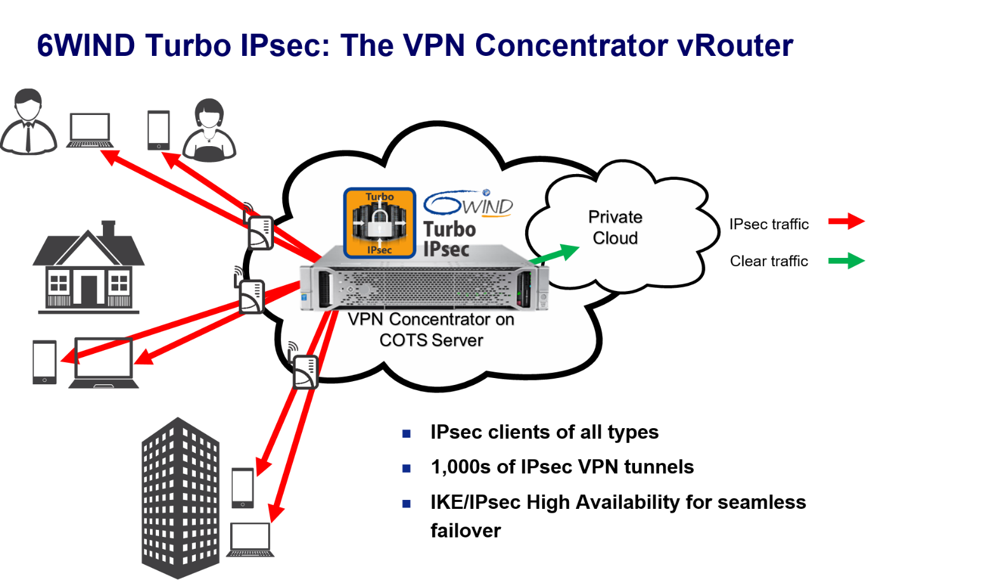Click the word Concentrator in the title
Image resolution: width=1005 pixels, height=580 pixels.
pos(570,46)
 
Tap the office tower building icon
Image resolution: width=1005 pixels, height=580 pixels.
pos(181,498)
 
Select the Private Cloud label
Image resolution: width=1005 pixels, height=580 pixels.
pos(615,227)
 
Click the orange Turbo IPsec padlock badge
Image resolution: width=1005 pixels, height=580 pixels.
pos(379,223)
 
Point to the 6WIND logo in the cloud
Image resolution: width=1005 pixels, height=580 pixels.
pos(469,203)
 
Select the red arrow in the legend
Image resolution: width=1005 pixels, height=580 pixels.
pos(846,221)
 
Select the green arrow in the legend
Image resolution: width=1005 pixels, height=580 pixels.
pos(846,260)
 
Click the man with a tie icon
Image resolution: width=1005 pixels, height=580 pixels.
pos(28,122)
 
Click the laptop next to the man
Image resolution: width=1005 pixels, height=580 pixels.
pos(90,130)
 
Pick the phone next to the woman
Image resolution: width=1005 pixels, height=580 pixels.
pos(158,130)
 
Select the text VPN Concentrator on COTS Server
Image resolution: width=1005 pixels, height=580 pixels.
pos(431,329)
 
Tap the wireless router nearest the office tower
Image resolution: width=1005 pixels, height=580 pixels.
pos(304,372)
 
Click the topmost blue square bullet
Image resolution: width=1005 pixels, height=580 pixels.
pos(406,433)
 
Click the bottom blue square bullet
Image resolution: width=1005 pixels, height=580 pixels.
pos(406,504)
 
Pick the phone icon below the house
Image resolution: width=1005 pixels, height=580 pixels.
pos(44,362)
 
